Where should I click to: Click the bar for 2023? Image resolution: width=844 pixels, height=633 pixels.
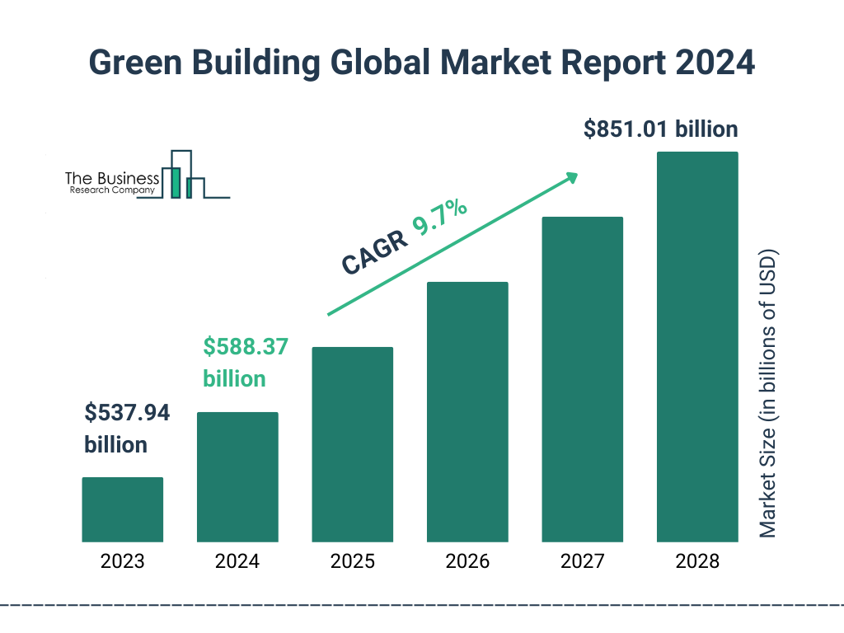pos(122,509)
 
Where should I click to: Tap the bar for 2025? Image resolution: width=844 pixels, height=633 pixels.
pos(352,444)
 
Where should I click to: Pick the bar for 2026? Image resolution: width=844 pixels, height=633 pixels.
pos(467,412)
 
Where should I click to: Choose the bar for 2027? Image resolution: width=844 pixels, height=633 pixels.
pos(582,379)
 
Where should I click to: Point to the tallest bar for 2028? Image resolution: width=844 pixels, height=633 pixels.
pos(696,347)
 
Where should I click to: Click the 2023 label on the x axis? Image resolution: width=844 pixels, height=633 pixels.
pos(122,562)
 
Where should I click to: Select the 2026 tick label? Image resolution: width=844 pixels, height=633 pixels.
pos(467,562)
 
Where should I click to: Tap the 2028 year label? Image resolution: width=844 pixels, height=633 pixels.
pos(696,562)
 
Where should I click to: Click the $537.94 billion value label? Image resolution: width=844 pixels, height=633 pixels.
pos(127,429)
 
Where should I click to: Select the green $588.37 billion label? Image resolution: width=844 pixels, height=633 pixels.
pos(245,363)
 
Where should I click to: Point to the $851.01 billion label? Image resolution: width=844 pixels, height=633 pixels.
pos(660,129)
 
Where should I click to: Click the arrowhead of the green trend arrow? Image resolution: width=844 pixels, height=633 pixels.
pos(571,177)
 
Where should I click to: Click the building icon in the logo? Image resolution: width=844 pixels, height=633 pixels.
pos(183,176)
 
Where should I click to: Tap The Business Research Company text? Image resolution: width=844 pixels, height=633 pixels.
pos(110,183)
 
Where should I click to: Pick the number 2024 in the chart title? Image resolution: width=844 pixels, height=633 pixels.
pos(715,63)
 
